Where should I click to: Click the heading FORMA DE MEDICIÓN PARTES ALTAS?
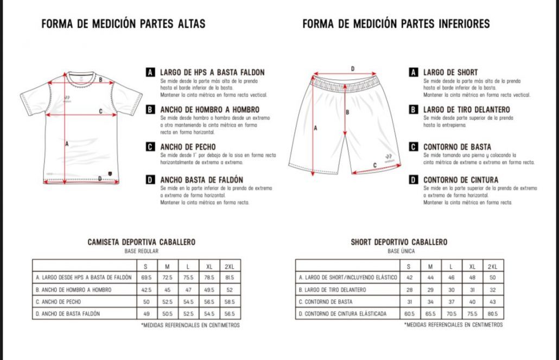pos(123,24)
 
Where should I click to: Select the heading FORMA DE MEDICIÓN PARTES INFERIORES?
pos(396,24)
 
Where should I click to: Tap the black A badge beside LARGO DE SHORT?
pos(414,72)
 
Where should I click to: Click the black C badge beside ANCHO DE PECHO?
pos(150,146)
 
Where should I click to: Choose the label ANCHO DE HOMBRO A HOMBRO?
pos(209,109)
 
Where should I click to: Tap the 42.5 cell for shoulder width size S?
pos(146,289)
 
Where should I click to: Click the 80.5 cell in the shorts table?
pos(492,313)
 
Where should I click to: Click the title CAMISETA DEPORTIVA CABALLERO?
pos(141,242)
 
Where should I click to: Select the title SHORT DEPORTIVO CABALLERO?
pos(399,242)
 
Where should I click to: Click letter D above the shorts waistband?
pos(353,69)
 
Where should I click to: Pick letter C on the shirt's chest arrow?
pos(101,112)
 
